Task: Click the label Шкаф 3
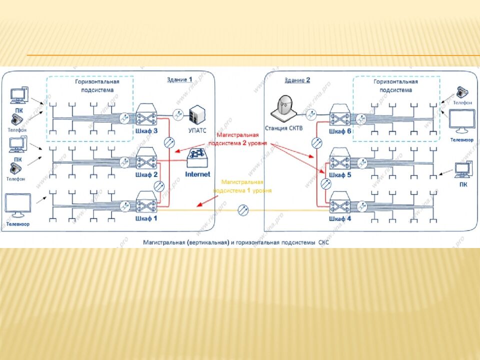click(x=146, y=131)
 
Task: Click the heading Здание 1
click(x=179, y=79)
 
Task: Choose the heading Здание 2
click(x=297, y=80)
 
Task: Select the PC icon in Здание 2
click(x=462, y=170)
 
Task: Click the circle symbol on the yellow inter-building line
click(x=243, y=210)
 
